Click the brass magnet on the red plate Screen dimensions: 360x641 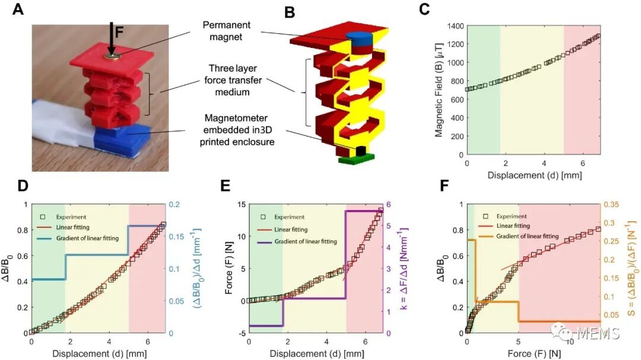pyautogui.click(x=112, y=56)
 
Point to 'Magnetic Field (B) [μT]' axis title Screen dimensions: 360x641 pyautogui.click(x=439, y=91)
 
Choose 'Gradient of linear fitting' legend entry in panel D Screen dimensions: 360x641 pyautogui.click(x=86, y=238)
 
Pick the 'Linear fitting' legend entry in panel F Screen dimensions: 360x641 pyautogui.click(x=514, y=225)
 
